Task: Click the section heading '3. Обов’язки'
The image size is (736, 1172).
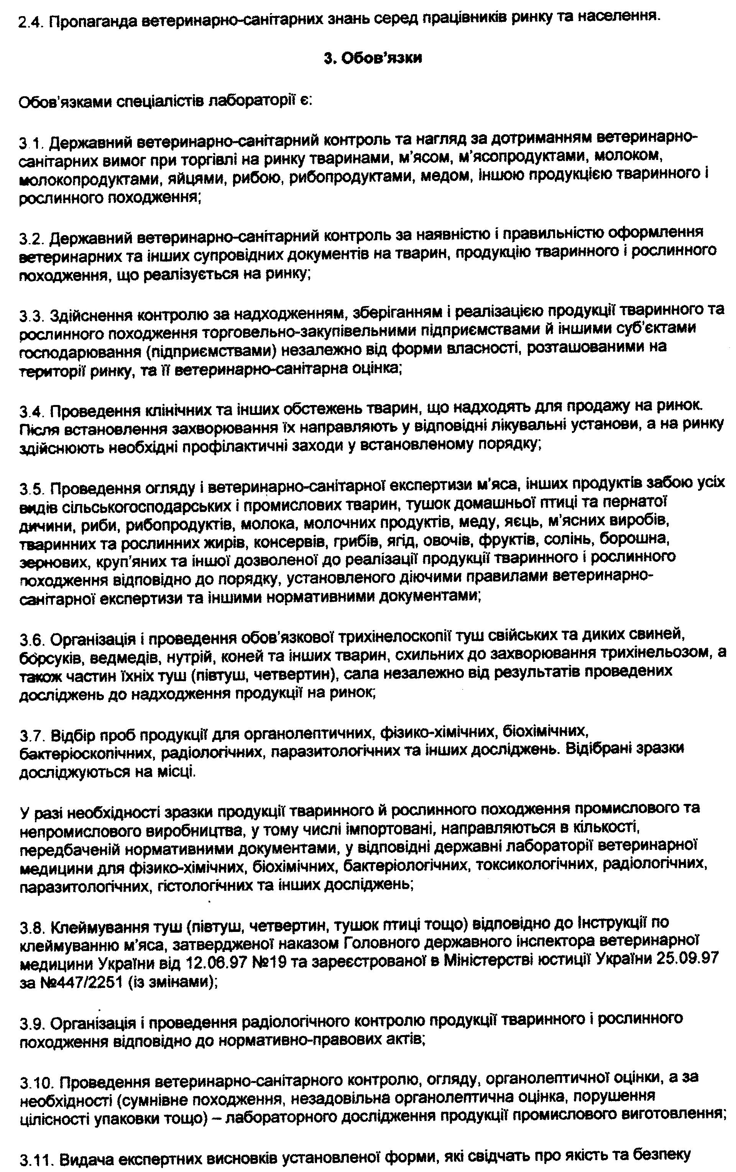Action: point(373,58)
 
